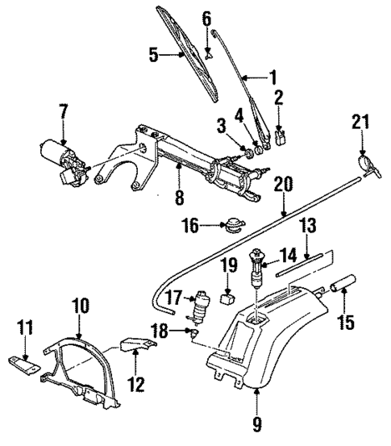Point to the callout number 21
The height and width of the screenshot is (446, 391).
coord(359,122)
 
